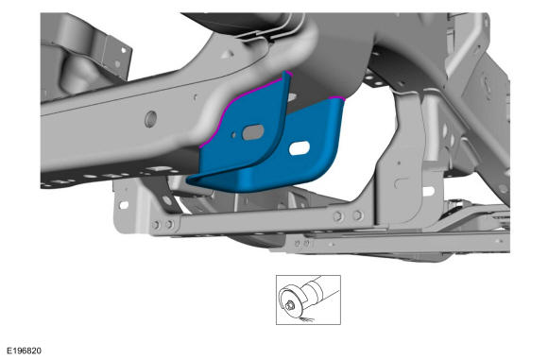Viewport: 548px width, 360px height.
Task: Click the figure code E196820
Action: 24,351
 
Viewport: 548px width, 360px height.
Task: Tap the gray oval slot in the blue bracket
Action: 253,132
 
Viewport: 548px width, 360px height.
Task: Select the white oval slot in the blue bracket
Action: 300,147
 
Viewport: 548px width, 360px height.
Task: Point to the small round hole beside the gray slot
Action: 233,134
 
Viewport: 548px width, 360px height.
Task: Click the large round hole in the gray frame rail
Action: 150,119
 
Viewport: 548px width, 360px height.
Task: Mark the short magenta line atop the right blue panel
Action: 337,98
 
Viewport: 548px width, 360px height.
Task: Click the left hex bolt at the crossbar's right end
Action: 337,216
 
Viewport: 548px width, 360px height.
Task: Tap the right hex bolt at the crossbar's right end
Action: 357,215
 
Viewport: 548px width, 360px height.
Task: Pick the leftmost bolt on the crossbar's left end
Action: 156,225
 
